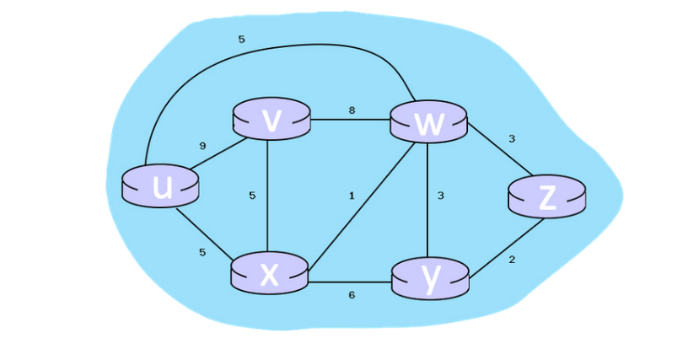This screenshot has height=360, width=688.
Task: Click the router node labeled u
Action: tap(160, 187)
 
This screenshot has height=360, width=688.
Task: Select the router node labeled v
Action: tap(271, 121)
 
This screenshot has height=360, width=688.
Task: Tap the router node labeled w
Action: tap(428, 123)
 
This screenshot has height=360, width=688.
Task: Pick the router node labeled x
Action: tap(269, 273)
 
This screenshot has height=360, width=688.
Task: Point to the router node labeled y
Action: tap(430, 279)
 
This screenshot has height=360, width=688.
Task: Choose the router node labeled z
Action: tap(546, 198)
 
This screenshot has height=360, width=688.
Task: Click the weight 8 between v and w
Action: tap(351, 110)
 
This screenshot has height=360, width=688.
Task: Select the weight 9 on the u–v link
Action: tap(202, 146)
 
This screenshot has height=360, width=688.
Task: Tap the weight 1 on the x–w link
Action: tap(352, 196)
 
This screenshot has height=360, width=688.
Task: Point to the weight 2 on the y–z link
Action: tap(512, 259)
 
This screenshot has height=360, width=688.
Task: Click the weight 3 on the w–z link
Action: tap(511, 138)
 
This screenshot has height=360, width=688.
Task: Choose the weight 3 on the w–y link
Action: tap(440, 196)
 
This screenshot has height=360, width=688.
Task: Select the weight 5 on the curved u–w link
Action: tap(242, 39)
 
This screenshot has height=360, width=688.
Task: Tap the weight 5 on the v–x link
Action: tap(251, 196)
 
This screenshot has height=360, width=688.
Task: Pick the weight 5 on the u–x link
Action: tap(202, 252)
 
